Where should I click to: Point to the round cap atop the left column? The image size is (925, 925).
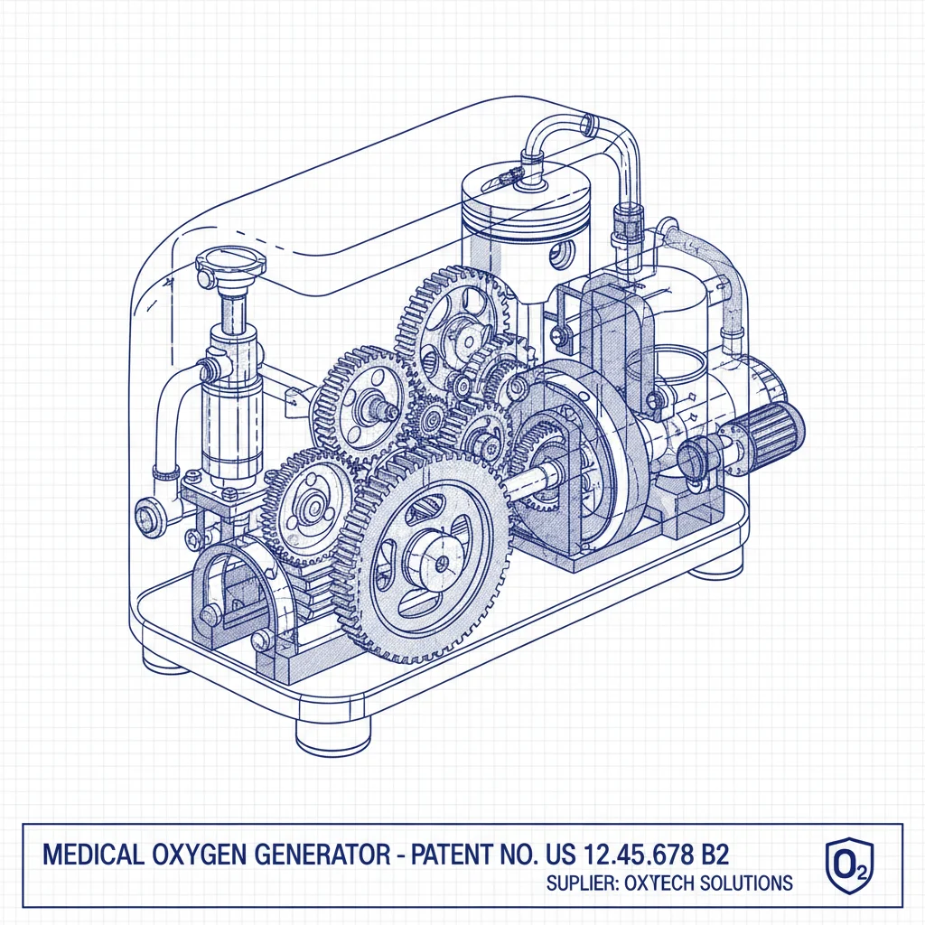(230, 262)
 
